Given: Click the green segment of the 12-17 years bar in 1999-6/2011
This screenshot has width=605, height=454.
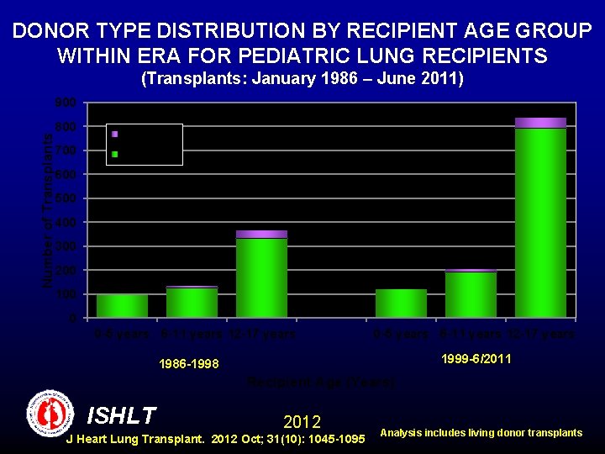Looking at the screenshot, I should [540, 223].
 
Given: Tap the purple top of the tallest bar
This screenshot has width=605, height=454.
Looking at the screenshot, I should [540, 123].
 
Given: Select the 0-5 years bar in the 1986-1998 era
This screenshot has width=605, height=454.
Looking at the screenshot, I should [122, 306].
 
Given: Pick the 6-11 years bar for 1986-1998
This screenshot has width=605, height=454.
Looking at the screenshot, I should [192, 303].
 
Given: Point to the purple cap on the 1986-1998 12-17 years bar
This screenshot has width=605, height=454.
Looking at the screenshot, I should [261, 234].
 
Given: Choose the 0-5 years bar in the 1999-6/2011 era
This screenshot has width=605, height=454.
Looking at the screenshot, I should [401, 304].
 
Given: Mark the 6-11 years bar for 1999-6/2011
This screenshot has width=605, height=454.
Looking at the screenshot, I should [471, 294].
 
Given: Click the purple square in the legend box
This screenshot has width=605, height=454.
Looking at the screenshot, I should [115, 134].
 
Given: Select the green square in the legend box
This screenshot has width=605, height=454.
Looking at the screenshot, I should [115, 155].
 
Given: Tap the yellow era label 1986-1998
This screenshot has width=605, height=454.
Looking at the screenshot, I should [188, 364].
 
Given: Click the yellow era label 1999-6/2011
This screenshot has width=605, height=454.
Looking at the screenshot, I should [476, 359].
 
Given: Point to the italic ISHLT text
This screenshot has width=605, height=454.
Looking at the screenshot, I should [121, 415].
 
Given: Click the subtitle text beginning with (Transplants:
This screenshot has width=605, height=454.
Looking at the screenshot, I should [302, 79].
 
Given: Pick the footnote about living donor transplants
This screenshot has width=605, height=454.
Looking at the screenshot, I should [481, 433].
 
